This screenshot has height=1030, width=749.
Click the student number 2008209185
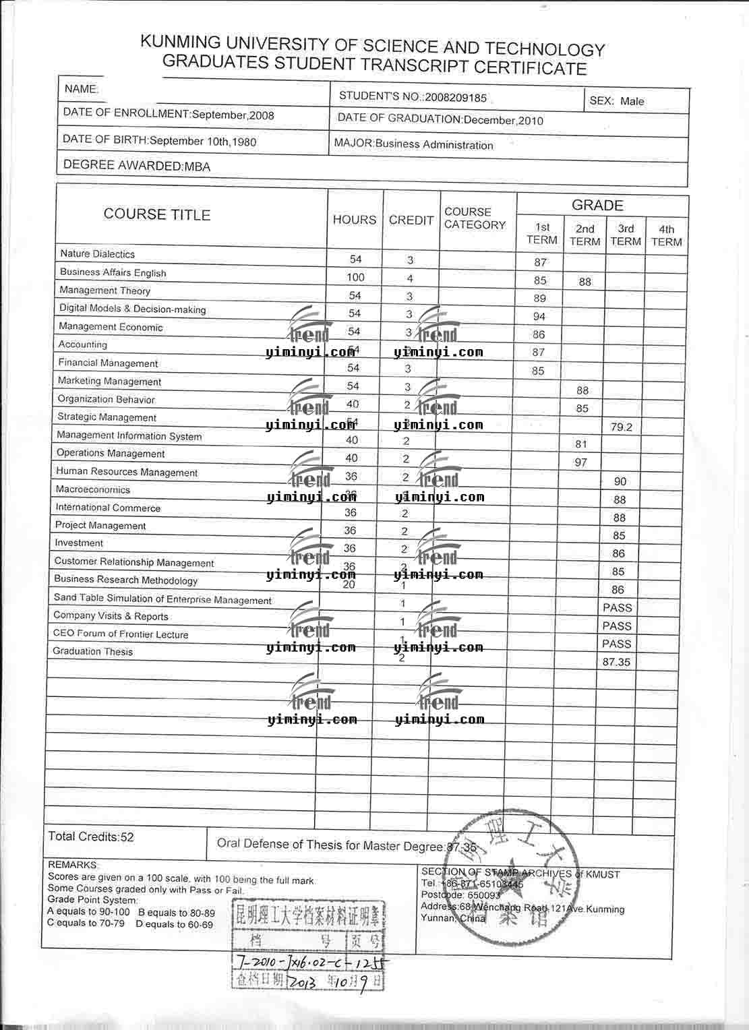click(455, 98)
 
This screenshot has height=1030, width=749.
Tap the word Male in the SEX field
click(632, 102)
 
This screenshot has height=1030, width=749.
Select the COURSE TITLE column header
click(157, 215)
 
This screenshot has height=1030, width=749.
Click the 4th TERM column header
click(666, 235)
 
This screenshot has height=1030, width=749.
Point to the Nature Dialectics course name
click(97, 254)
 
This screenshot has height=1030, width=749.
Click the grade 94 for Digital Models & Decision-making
click(539, 317)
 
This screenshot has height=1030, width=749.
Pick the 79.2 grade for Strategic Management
click(621, 427)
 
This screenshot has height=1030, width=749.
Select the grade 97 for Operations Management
click(580, 463)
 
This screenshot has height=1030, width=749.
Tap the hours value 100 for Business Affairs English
click(355, 278)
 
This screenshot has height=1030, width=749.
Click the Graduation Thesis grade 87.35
click(616, 663)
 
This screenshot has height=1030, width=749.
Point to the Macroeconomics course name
click(92, 490)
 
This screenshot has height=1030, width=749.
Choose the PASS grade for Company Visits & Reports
click(617, 626)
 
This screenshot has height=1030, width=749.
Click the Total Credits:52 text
click(91, 837)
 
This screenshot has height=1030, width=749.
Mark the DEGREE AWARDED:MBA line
click(136, 166)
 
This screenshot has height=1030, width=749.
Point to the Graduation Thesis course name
click(92, 652)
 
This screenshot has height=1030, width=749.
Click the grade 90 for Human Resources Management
click(620, 482)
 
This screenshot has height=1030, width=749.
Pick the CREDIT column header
click(411, 220)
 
